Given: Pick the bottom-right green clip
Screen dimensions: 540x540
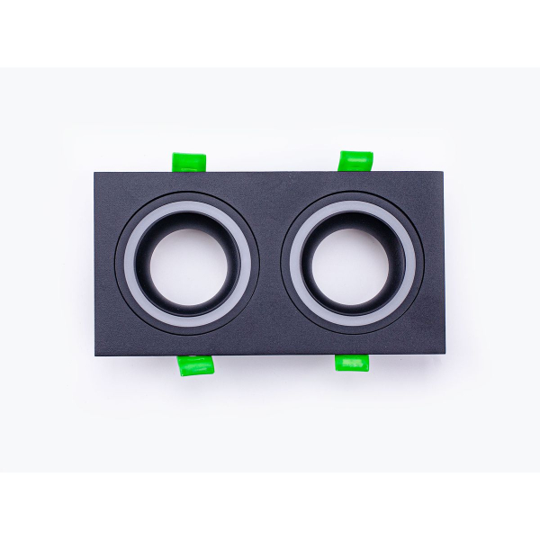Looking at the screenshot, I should point(352,363).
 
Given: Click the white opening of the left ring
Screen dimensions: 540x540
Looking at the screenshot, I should point(186,265).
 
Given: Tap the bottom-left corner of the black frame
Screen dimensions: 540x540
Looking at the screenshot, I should point(96,354).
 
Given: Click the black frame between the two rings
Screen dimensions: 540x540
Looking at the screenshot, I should point(270,264).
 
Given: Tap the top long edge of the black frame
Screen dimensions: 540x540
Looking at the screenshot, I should point(270,174).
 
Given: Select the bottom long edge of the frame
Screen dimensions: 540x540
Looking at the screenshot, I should point(270,354).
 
